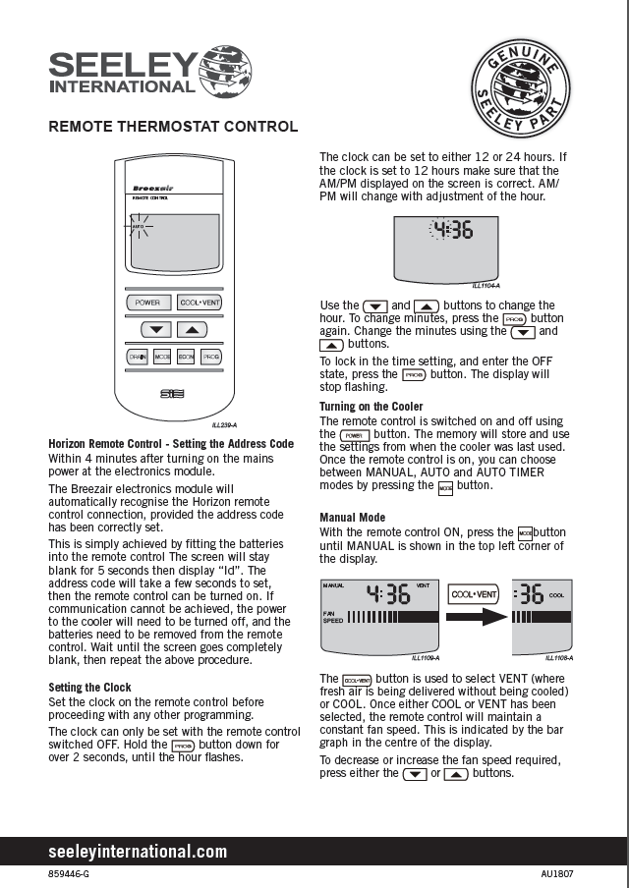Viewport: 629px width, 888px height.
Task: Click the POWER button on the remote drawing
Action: tap(147, 303)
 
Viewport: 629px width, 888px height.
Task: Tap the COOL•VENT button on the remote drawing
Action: tap(200, 303)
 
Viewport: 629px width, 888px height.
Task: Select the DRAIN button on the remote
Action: tap(137, 357)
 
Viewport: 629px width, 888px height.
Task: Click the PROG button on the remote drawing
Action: tap(210, 357)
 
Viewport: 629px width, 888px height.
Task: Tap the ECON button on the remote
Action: tap(186, 357)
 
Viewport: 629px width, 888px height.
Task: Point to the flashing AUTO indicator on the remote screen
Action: tap(138, 226)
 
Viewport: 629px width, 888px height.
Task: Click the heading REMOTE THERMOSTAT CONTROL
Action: tap(173, 127)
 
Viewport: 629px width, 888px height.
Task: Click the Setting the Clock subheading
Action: tap(89, 688)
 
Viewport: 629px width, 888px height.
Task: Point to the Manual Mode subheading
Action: tap(353, 518)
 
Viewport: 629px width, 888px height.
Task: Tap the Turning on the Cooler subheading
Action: tap(372, 407)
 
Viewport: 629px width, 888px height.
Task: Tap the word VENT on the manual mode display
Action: tap(423, 584)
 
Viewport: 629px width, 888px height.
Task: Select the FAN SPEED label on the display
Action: tap(334, 617)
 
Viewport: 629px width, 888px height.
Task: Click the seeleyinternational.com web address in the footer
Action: tap(138, 852)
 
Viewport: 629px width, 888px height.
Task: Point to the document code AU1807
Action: tap(557, 873)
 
